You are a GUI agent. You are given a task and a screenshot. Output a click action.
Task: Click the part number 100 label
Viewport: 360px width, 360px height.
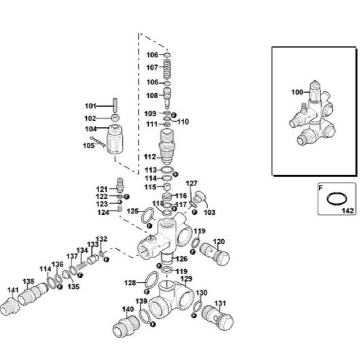point(297,92)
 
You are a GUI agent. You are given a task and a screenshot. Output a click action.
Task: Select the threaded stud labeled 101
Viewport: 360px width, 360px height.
point(116,105)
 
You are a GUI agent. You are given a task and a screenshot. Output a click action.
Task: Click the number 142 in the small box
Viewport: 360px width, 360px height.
point(347,211)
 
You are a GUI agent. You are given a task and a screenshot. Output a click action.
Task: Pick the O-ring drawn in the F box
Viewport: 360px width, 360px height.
point(337,198)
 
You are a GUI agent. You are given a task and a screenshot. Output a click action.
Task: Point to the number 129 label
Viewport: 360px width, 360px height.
point(186,279)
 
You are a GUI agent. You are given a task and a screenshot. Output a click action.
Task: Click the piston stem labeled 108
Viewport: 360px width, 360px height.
point(168,97)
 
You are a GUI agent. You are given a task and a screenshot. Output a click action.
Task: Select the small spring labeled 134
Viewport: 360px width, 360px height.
point(82,266)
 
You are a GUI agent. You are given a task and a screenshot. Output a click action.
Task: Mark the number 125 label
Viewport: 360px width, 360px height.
point(133,211)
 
